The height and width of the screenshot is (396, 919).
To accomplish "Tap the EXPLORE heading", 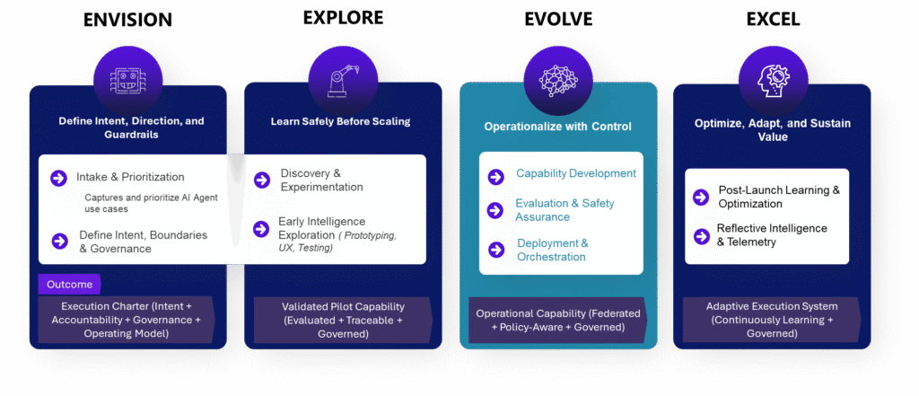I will point(342,17).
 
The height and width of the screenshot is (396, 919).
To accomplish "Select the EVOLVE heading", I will point(557,20).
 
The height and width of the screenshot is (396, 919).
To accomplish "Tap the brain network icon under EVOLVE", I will point(557,80).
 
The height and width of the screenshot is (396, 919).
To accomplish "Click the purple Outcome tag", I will point(70,284).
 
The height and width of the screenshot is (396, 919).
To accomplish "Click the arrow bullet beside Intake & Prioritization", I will point(59,177).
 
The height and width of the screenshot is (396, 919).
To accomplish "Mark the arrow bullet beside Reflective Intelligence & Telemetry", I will point(700,236).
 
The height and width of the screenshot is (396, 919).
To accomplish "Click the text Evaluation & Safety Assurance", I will point(565,210).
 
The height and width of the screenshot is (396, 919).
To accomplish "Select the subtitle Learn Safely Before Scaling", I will point(341,121).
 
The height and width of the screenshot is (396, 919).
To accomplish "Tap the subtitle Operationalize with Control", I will point(557,127).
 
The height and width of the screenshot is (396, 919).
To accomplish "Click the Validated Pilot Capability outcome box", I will point(341,319).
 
